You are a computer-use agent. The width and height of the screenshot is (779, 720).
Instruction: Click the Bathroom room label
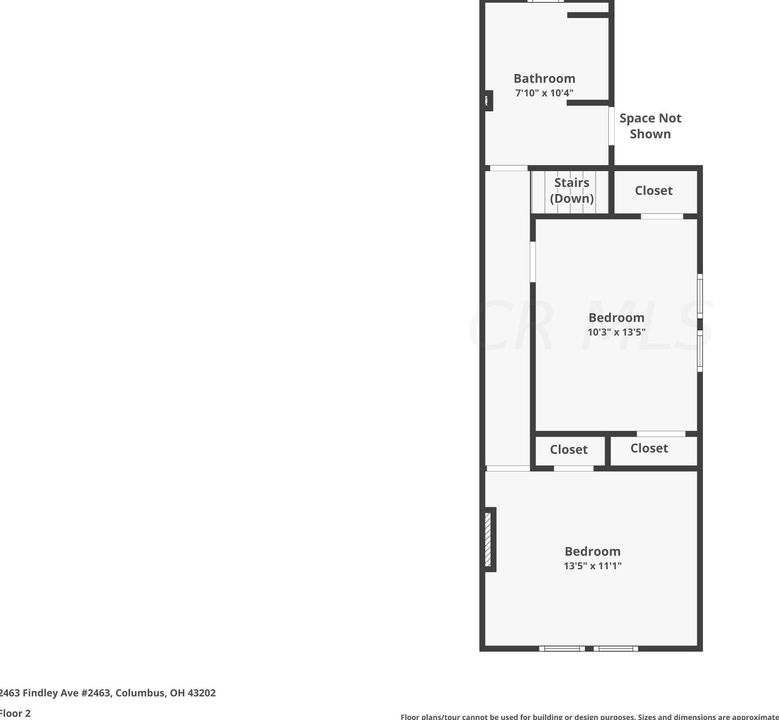(544, 78)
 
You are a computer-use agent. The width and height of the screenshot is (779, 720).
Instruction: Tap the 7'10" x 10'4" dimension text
(544, 93)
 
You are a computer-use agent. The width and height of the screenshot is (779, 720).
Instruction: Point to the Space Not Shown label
(650, 126)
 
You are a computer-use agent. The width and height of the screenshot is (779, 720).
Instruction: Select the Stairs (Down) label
(571, 190)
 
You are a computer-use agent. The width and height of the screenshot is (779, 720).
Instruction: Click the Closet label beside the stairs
(653, 190)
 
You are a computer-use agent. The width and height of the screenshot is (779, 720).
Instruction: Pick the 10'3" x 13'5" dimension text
(616, 332)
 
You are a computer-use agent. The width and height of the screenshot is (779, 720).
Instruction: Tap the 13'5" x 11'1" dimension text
(592, 566)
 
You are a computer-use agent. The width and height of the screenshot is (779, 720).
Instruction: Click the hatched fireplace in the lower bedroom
(488, 539)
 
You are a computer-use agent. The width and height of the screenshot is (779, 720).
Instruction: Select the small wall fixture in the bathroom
(486, 100)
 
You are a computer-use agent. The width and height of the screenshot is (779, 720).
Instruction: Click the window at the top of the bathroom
(545, 1)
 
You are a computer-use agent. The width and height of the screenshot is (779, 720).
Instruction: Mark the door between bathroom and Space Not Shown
(611, 126)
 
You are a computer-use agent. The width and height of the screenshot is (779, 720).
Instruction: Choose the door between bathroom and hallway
(508, 168)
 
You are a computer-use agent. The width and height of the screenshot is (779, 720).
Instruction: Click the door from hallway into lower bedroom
(508, 468)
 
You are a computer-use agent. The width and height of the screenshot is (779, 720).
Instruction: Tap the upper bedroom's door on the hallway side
(533, 262)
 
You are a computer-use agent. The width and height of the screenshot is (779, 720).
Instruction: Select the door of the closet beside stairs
(662, 216)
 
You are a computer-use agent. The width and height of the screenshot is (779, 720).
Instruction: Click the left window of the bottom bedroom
(562, 648)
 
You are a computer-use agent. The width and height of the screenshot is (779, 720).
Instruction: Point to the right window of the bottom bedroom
(616, 648)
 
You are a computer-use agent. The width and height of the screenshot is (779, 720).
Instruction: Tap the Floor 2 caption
(15, 713)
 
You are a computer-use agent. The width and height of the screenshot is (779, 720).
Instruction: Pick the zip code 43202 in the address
(201, 693)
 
